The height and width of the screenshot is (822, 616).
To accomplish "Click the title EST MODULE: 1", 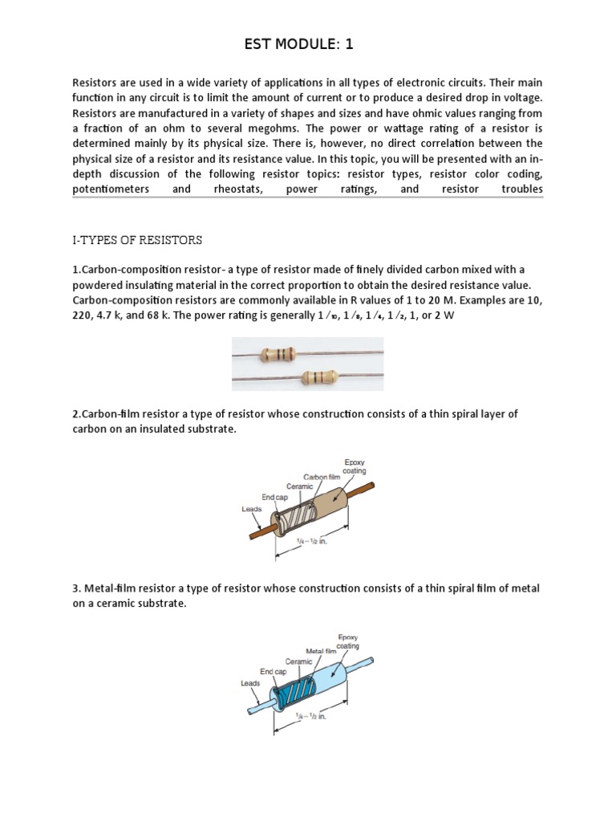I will (x=298, y=45).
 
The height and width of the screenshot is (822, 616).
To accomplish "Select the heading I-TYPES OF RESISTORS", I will (x=138, y=240).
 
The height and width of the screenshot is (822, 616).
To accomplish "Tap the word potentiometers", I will (x=111, y=189).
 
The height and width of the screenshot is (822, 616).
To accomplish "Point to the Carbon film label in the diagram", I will (x=322, y=477).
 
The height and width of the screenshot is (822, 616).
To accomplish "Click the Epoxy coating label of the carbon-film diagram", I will (x=355, y=466).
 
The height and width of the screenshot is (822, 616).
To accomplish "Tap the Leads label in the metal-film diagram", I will (x=251, y=683).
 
